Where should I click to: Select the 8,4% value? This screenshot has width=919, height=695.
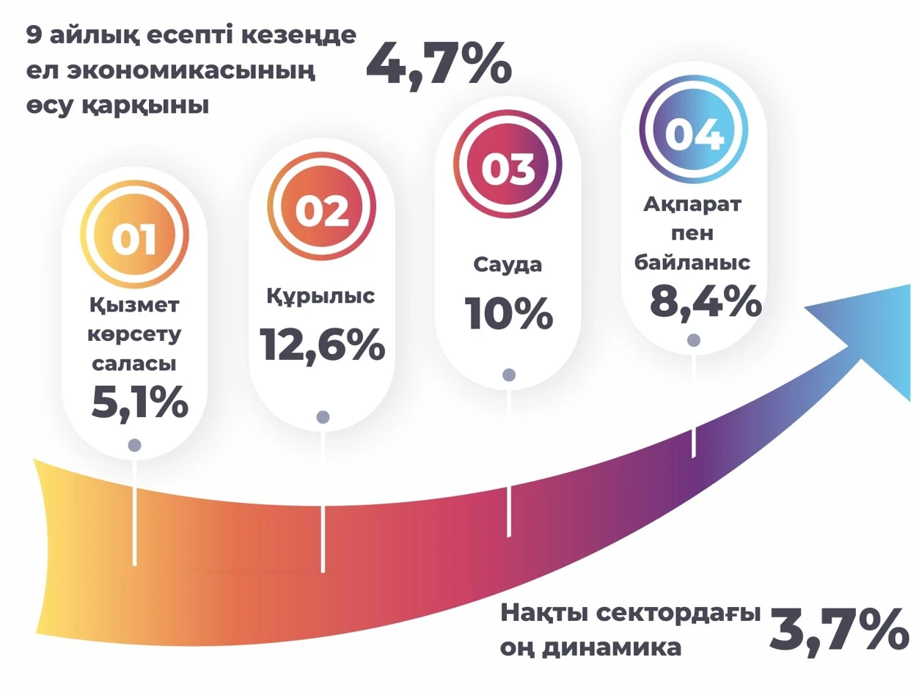[705, 301]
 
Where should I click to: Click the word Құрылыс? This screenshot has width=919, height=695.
[321, 295]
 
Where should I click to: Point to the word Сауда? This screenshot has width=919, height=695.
[508, 264]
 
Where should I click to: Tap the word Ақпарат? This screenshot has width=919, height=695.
[692, 205]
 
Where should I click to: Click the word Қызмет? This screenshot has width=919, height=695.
[135, 304]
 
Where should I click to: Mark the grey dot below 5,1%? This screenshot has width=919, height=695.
[134, 445]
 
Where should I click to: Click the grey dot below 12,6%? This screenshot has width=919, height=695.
[323, 417]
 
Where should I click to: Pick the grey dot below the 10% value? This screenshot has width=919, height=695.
[509, 375]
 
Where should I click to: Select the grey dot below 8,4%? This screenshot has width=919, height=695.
[693, 339]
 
